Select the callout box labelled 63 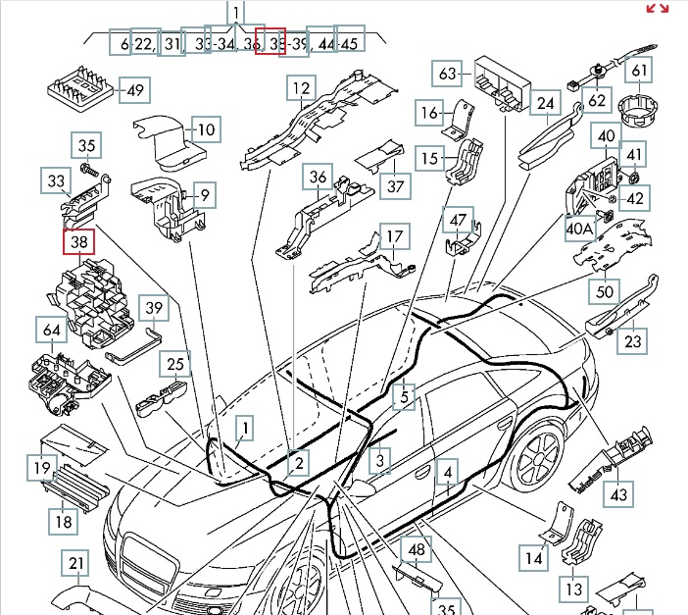tap(448, 74)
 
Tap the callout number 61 tap(639, 71)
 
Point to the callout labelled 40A tap(580, 228)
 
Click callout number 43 tap(618, 495)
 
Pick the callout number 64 tap(50, 332)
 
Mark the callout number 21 tap(75, 564)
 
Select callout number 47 tap(458, 220)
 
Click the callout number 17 tap(393, 236)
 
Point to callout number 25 tap(175, 365)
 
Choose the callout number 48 tap(418, 549)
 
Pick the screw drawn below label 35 tap(87, 171)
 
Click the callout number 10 tap(206, 129)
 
